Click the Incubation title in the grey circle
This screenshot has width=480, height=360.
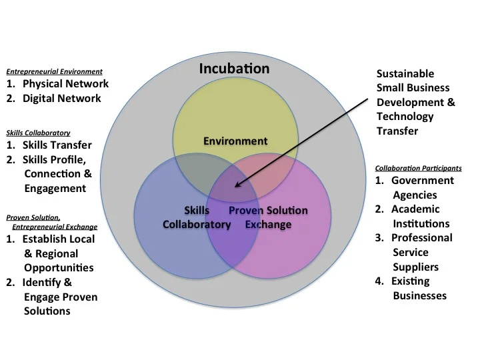coord(235,69)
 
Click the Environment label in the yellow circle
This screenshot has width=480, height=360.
coord(235,141)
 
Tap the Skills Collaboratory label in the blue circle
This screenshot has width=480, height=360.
coord(197,217)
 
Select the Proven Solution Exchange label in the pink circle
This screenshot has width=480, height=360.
coord(268,217)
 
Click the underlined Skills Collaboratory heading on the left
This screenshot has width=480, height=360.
coord(38,133)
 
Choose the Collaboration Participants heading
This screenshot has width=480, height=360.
coord(419,167)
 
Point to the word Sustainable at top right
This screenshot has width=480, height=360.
coord(405,73)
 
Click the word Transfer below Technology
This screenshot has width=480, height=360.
coord(397,131)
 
